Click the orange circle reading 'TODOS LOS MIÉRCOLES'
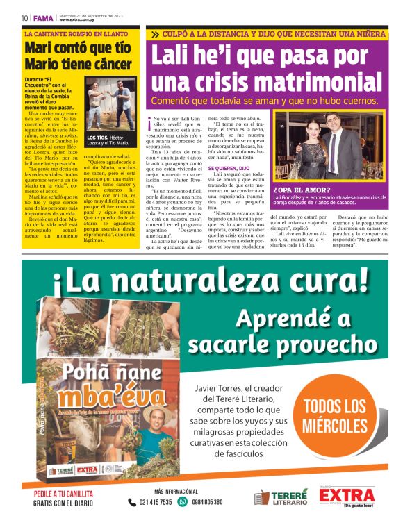(336, 416)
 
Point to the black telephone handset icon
(132, 502)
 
